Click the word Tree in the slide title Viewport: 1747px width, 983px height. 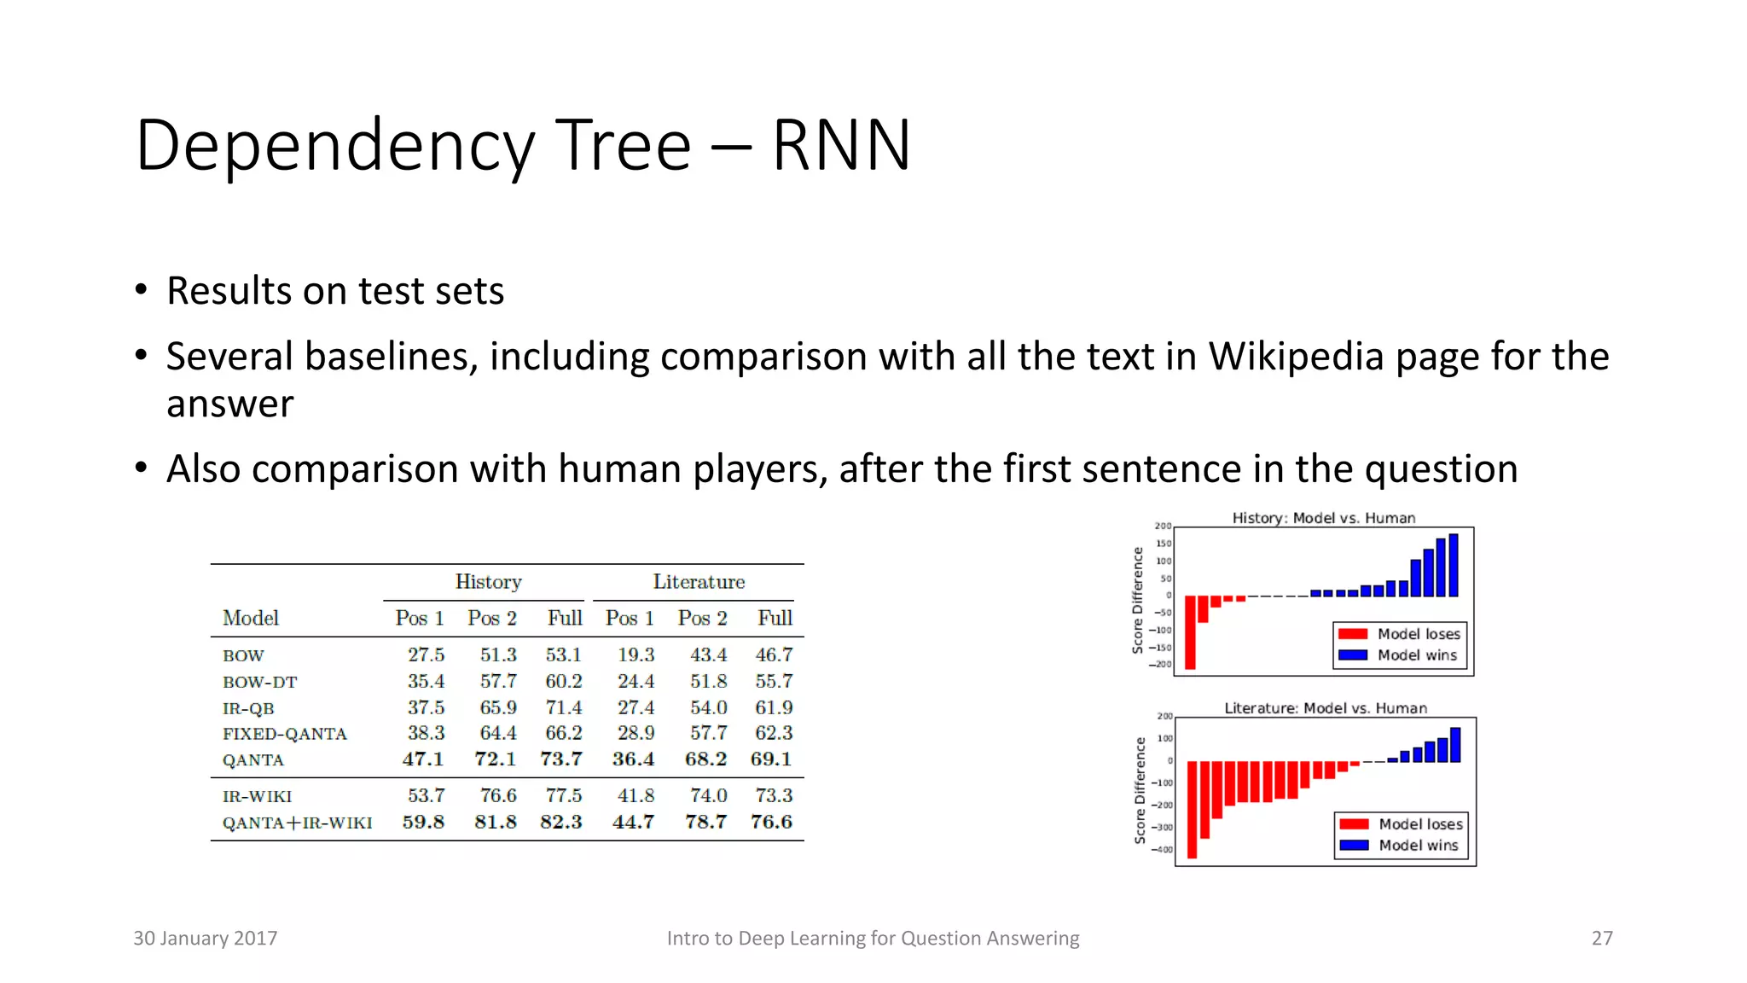tap(624, 145)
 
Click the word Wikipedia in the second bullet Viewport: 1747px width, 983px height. tap(1296, 357)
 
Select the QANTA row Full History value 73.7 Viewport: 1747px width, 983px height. tap(561, 759)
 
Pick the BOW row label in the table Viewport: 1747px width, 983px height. tap(243, 656)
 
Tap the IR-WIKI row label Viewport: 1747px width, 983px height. tap(257, 797)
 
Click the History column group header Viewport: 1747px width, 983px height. tap(488, 582)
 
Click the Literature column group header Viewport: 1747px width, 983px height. tap(699, 582)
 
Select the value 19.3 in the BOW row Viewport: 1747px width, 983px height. tap(636, 655)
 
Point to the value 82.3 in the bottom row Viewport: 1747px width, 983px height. tap(561, 822)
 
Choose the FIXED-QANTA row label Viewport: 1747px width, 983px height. tap(285, 734)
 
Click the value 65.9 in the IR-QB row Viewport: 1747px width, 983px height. tap(498, 707)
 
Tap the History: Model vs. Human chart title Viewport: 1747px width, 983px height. tap(1323, 518)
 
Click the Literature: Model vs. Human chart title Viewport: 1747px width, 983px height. tap(1325, 708)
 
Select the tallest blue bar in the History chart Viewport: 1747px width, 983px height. tap(1454, 565)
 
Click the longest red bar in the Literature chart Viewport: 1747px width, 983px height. tap(1192, 809)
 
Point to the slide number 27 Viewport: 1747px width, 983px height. tap(1602, 939)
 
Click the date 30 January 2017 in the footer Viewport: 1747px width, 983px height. tap(206, 939)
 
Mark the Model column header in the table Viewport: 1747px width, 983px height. tap(251, 618)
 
